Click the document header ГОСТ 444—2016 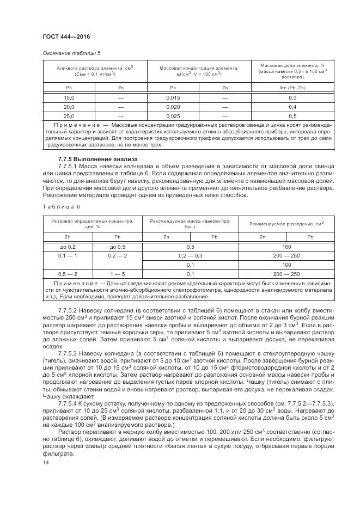(x=66, y=36)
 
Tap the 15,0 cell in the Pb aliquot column (x=69, y=97)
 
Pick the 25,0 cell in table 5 (x=69, y=116)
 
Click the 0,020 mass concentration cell (x=173, y=107)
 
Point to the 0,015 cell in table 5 (x=173, y=97)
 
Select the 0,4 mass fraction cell (x=292, y=107)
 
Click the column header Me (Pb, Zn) (x=292, y=87)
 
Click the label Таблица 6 (x=60, y=207)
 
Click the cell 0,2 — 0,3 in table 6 (x=191, y=256)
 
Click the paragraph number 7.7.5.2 (x=69, y=309)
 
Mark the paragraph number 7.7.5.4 (x=69, y=402)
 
